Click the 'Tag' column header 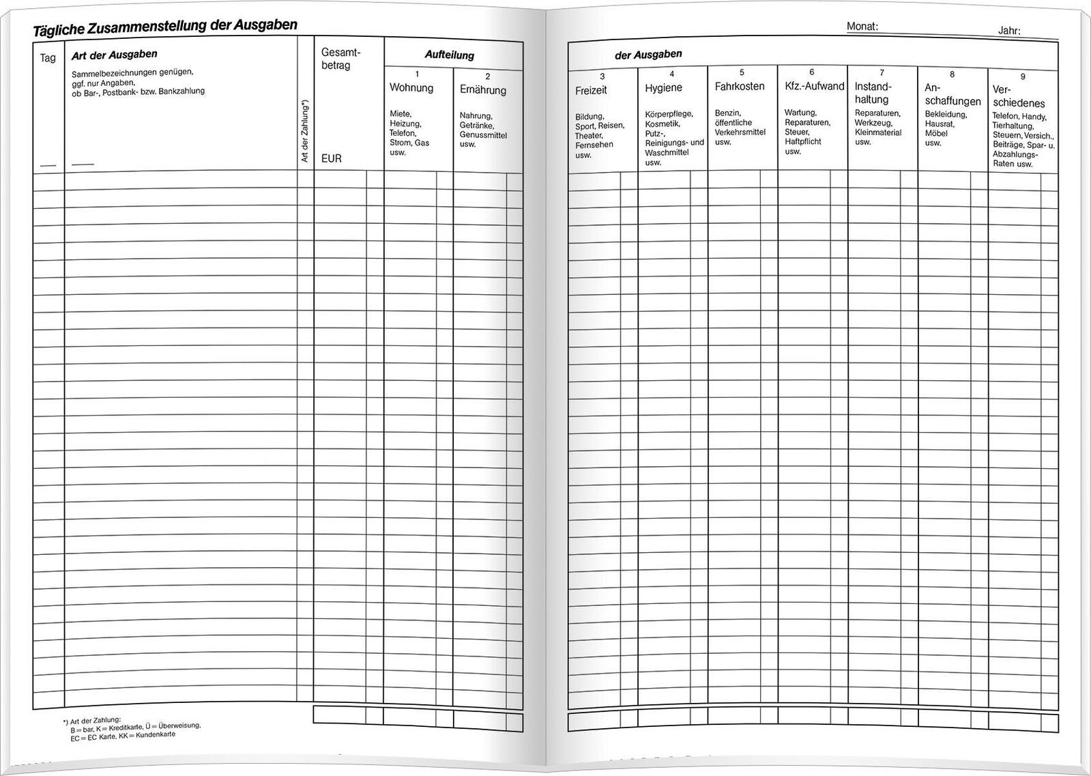pos(48,58)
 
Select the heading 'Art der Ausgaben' pos(114,55)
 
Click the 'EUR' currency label pos(332,158)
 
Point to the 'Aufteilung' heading pos(449,55)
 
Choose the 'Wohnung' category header pos(411,88)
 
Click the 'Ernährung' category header pos(483,90)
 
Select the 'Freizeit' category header pos(591,90)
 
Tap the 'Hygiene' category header pos(663,88)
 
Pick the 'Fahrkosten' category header pos(740,87)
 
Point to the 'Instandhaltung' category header pos(873,93)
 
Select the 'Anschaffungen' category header pos(952,95)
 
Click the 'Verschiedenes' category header pos(1019,96)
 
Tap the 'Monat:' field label pos(862,27)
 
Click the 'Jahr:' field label pos(1009,31)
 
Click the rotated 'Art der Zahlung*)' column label pos(305,131)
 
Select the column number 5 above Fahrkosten pos(742,72)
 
